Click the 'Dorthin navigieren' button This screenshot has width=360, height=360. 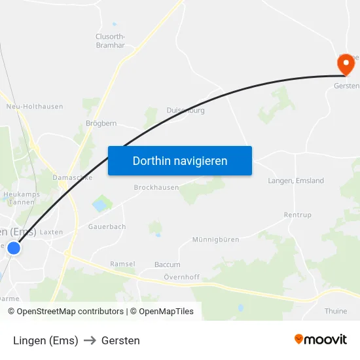[180, 160]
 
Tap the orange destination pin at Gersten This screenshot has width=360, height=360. [345, 64]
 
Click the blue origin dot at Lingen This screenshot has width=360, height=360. [14, 248]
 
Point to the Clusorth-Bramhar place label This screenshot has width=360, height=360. [111, 41]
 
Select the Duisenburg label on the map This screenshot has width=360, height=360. [185, 111]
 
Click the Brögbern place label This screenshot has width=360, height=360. [101, 123]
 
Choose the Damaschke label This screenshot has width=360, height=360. [72, 177]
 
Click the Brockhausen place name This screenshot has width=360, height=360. [156, 187]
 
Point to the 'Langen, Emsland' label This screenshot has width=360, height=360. [296, 181]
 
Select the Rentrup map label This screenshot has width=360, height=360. [298, 215]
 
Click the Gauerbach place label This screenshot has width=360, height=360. [107, 226]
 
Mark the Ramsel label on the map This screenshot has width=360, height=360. [122, 264]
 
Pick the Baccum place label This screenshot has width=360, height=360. [167, 264]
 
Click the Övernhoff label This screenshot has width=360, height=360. [181, 278]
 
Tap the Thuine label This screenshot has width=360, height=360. [336, 311]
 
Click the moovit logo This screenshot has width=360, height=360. [320, 339]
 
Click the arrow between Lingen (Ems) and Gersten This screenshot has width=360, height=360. [90, 340]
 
